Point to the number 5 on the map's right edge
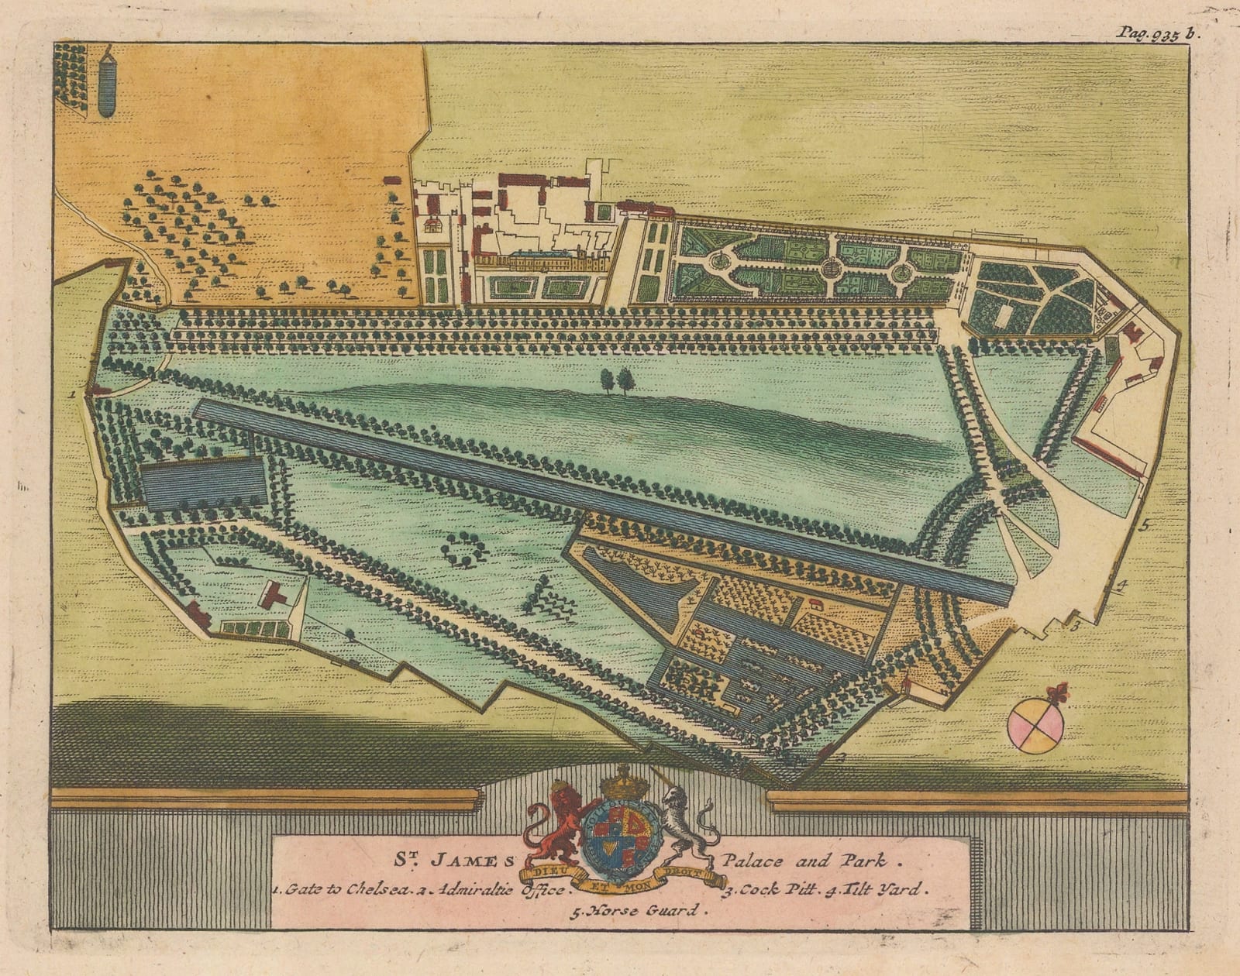pyautogui.click(x=1144, y=524)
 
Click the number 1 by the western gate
pyautogui.click(x=71, y=393)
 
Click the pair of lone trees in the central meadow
pyautogui.click(x=616, y=380)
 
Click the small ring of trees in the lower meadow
pyautogui.click(x=464, y=548)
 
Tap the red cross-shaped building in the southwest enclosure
pyautogui.click(x=272, y=596)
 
